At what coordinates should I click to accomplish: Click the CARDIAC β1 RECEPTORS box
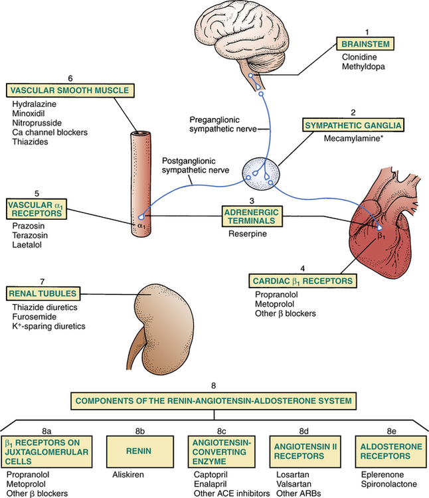[x=303, y=281]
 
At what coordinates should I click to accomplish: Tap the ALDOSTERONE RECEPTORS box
[x=387, y=452]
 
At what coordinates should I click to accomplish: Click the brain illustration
[x=223, y=33]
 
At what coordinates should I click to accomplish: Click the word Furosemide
[x=35, y=317]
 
